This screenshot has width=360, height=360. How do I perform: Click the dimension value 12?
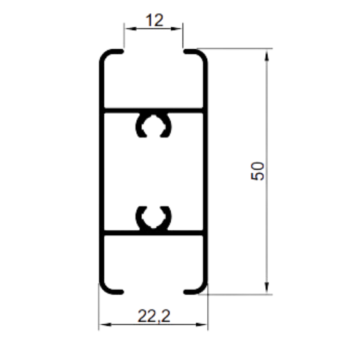(155, 20)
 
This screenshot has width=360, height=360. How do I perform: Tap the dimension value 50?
(258, 171)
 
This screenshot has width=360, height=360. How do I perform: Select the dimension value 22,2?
(154, 316)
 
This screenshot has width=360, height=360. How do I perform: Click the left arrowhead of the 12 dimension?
(130, 29)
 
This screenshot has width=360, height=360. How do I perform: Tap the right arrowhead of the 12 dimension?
(176, 29)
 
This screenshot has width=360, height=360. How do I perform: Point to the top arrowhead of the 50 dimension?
(267, 55)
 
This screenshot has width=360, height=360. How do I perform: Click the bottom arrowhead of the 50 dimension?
(267, 288)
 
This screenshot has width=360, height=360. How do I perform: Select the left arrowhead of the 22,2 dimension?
(105, 325)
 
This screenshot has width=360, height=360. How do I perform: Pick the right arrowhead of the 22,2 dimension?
(201, 325)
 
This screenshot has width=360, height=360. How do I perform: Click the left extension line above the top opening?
(124, 35)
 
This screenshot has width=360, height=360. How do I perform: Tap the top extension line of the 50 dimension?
(235, 49)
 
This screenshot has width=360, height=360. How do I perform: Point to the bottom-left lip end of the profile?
(122, 292)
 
